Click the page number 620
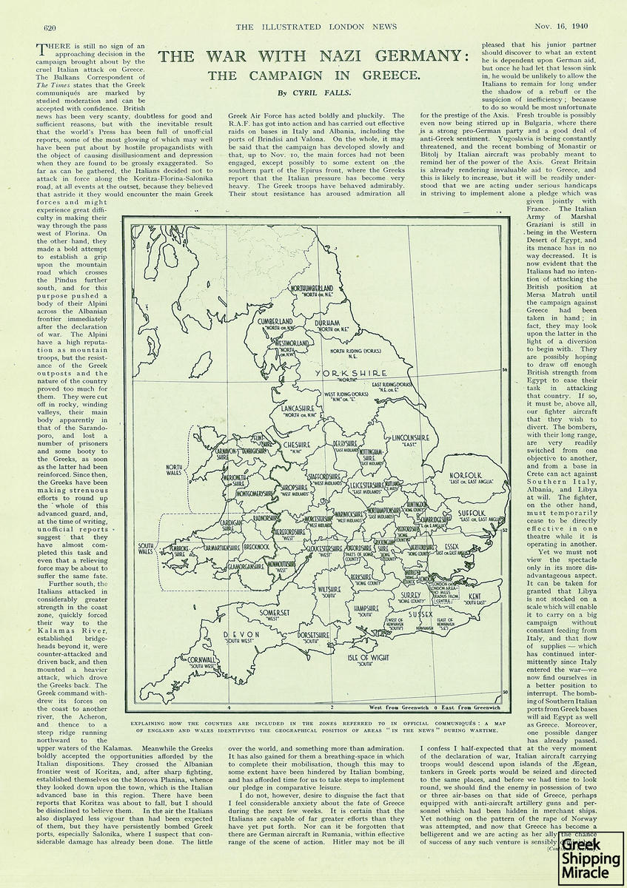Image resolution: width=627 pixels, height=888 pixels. click(x=50, y=27)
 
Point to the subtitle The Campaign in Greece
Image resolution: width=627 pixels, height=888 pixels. click(x=313, y=75)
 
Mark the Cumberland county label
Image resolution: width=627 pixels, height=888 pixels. click(x=275, y=322)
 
